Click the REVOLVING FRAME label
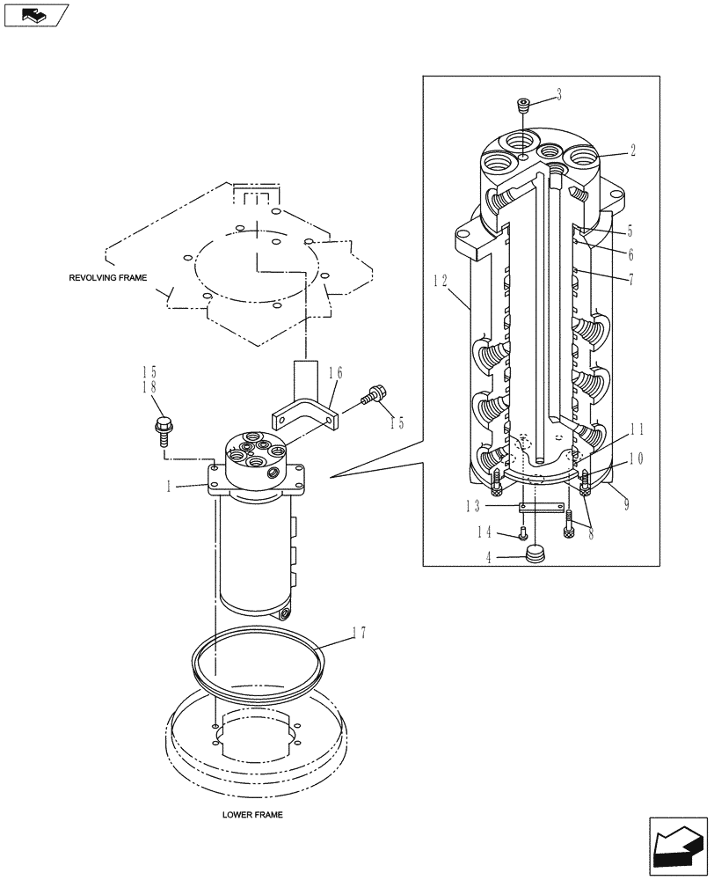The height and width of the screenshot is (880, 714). click(x=107, y=277)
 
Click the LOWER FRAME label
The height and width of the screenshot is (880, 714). click(x=252, y=816)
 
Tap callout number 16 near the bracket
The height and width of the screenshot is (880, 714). click(x=337, y=375)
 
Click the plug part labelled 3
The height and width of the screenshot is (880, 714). click(x=524, y=106)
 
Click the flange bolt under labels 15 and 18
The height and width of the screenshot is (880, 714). click(x=164, y=429)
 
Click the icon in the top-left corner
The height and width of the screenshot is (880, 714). click(x=36, y=15)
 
